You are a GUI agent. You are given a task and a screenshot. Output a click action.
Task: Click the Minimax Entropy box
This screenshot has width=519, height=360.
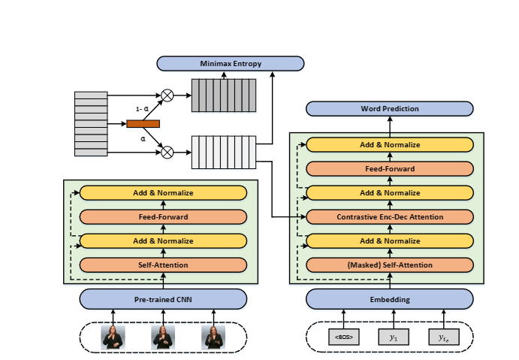tap(231, 64)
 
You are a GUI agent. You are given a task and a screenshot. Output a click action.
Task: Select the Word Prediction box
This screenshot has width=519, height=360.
tap(389, 109)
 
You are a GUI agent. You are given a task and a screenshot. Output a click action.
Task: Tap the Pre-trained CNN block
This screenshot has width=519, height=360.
tap(163, 299)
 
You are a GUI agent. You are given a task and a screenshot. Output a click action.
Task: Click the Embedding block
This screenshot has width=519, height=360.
tap(389, 299)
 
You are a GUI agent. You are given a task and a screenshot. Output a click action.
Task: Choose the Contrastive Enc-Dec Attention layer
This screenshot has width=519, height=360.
tap(389, 217)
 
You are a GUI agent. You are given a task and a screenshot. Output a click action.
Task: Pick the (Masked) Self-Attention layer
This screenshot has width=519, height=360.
tap(389, 265)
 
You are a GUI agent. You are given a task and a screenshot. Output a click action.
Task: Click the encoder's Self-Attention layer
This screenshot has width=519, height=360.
tap(163, 265)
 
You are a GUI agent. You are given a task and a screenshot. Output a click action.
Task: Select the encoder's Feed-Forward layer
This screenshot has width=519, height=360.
tap(163, 217)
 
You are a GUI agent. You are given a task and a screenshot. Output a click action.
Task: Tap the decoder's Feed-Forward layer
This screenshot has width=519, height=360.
tap(389, 169)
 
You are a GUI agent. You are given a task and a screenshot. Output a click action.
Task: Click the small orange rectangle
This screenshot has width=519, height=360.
tap(143, 124)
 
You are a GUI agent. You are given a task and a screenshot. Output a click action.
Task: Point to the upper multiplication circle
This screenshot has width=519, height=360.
tap(167, 95)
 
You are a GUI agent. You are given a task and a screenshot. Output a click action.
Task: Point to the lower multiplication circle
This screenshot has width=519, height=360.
tap(167, 152)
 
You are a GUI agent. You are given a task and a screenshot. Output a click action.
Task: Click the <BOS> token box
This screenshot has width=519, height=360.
tap(343, 337)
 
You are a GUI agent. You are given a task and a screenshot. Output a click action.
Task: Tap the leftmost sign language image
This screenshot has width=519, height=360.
tap(113, 337)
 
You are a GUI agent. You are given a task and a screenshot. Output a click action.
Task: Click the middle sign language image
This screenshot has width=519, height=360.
tap(163, 337)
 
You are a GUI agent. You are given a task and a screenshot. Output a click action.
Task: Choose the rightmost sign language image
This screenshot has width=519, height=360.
tap(213, 337)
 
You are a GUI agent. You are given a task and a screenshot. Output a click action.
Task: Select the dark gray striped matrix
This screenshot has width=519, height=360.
tap(222, 95)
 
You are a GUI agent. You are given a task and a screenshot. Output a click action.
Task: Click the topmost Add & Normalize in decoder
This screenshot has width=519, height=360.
tap(389, 145)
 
